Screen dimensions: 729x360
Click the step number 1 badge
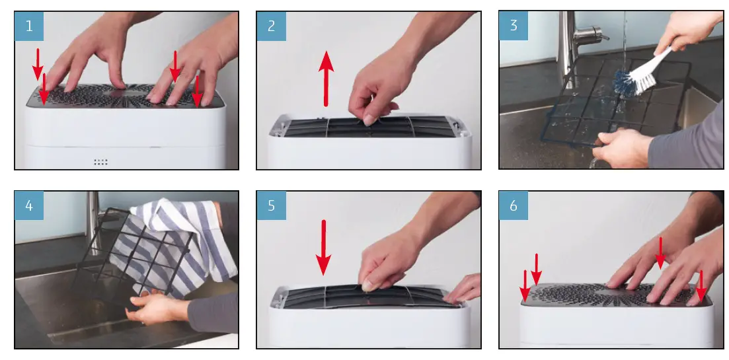click(x=29, y=26)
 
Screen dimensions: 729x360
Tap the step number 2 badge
click(x=272, y=26)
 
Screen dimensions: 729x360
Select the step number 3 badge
click(x=514, y=26)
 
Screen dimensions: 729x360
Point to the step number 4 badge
click(x=29, y=205)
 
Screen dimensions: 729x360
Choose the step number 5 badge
click(x=272, y=205)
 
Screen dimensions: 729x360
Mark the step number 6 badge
click(x=514, y=205)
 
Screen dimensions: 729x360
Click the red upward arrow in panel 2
click(x=326, y=79)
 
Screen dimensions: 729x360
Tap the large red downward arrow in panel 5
click(x=324, y=248)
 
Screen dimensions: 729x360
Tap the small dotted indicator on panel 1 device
click(x=101, y=162)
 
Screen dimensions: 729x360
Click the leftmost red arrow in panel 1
click(x=38, y=64)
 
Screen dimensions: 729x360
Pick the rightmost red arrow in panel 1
click(x=197, y=92)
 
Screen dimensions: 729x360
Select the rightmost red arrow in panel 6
click(x=701, y=286)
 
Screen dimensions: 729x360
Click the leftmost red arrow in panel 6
click(x=525, y=286)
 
